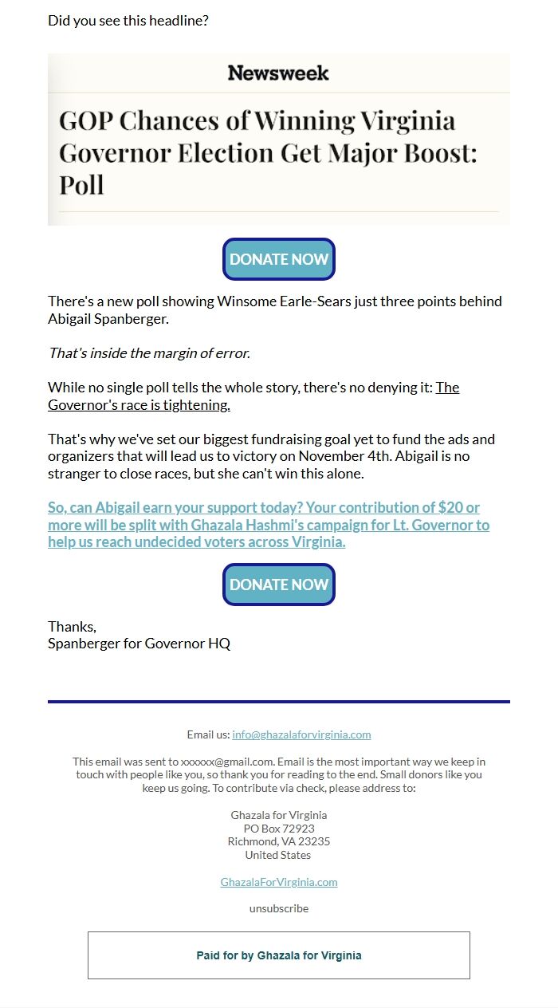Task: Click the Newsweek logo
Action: tap(278, 73)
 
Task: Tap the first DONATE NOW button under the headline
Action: tap(279, 259)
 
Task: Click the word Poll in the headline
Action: tap(81, 185)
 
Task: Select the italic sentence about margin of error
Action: tap(149, 352)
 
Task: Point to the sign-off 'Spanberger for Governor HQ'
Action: tap(139, 643)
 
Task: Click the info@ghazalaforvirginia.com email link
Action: tap(301, 734)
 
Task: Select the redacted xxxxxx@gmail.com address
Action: tap(227, 762)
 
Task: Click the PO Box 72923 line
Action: tap(279, 829)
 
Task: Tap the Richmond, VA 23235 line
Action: tap(279, 841)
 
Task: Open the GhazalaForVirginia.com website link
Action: tap(279, 882)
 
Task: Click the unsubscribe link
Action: tap(279, 908)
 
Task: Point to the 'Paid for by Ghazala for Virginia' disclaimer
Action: tap(279, 955)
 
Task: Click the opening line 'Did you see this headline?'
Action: tap(128, 21)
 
